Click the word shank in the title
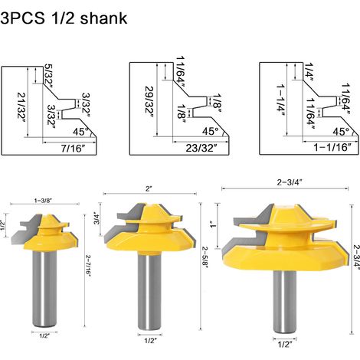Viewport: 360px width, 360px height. (x=103, y=18)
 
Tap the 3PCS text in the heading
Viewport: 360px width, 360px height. (x=22, y=18)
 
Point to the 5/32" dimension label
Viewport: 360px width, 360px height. (x=49, y=76)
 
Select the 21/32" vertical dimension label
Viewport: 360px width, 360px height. (x=22, y=105)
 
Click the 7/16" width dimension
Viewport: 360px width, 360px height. (x=73, y=149)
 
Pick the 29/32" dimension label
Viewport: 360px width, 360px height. (x=149, y=101)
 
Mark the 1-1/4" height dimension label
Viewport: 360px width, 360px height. (x=280, y=101)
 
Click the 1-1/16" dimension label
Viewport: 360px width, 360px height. (x=332, y=147)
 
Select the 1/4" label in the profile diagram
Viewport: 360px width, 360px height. (x=309, y=72)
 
